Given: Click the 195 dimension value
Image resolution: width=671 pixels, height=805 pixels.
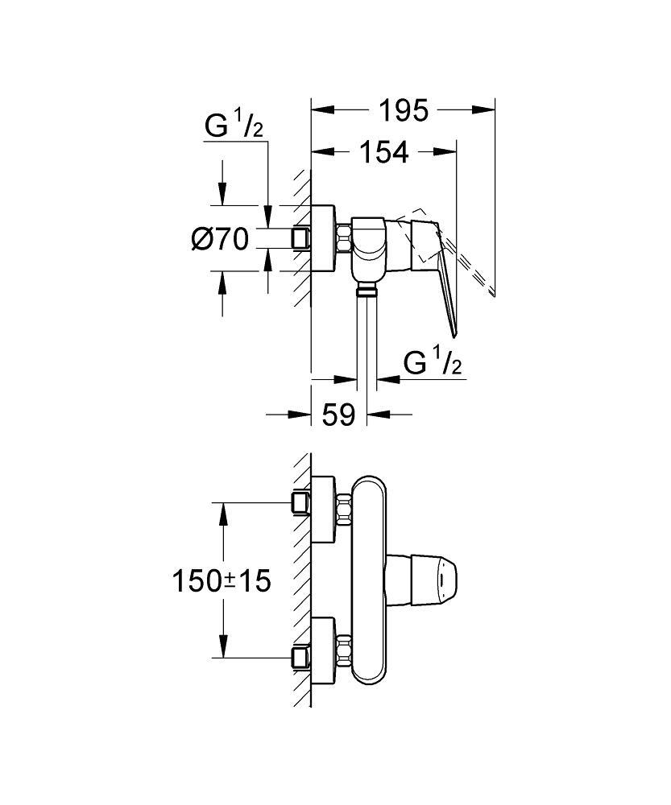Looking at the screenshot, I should click(x=404, y=110).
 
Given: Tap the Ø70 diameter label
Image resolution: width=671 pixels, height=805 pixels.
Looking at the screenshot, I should click(x=220, y=239).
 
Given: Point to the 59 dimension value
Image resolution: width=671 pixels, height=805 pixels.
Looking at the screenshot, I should click(x=338, y=415).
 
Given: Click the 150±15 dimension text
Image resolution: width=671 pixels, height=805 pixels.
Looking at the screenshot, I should click(x=221, y=580).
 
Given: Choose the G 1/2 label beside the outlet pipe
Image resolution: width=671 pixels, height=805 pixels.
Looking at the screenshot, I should click(x=433, y=364).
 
